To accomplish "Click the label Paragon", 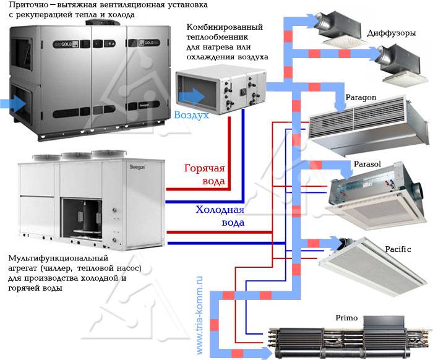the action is coord(361,98).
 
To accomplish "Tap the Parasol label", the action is coord(367,164).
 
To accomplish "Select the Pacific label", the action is coord(398,249).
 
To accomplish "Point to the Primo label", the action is coord(346,318).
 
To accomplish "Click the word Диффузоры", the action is coord(392,33).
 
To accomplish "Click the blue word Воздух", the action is coord(191,115).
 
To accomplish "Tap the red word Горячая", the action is coord(205,168).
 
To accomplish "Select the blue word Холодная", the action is coord(220,210).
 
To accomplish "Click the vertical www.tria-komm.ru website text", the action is coord(199,315).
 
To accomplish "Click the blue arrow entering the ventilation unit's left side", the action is coord(13,103).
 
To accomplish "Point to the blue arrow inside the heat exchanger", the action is coord(192,97).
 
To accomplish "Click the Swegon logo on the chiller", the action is coord(137,167).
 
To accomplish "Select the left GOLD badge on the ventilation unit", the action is coord(66,44).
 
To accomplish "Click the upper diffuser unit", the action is coord(339,29).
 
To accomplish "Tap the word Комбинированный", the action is coord(225,27).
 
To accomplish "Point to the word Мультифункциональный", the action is coord(58,259).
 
